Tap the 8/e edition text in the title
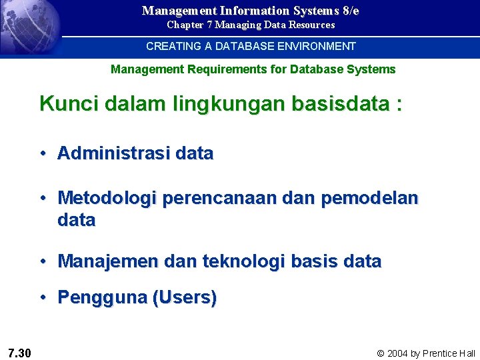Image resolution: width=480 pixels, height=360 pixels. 347,11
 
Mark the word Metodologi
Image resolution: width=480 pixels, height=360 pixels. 107,198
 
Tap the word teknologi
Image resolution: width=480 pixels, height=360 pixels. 236,261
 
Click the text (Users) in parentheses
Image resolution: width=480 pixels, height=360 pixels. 185,297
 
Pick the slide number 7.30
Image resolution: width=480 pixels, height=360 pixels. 20,352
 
